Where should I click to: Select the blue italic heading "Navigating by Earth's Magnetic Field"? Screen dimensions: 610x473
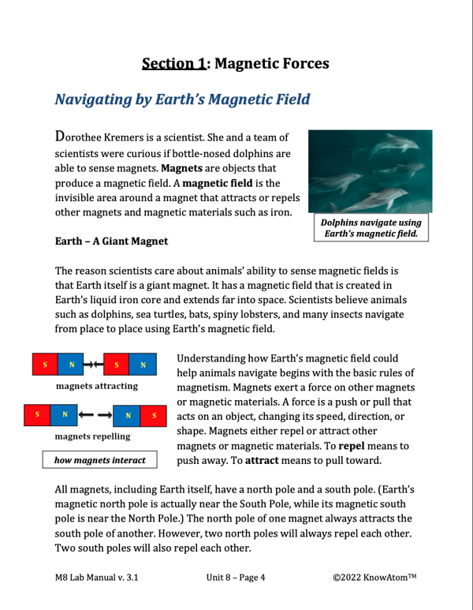point(181,100)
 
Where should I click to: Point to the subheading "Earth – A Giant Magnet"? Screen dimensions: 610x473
point(110,239)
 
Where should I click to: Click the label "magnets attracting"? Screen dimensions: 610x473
point(97,386)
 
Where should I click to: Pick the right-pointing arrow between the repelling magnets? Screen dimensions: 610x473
point(106,414)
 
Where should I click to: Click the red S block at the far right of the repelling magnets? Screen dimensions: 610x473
point(154,414)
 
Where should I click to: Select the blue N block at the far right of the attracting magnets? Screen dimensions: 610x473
point(143,365)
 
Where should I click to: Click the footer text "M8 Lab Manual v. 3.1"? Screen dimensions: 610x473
point(96,577)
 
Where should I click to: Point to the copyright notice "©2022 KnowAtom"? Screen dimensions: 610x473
point(374,577)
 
